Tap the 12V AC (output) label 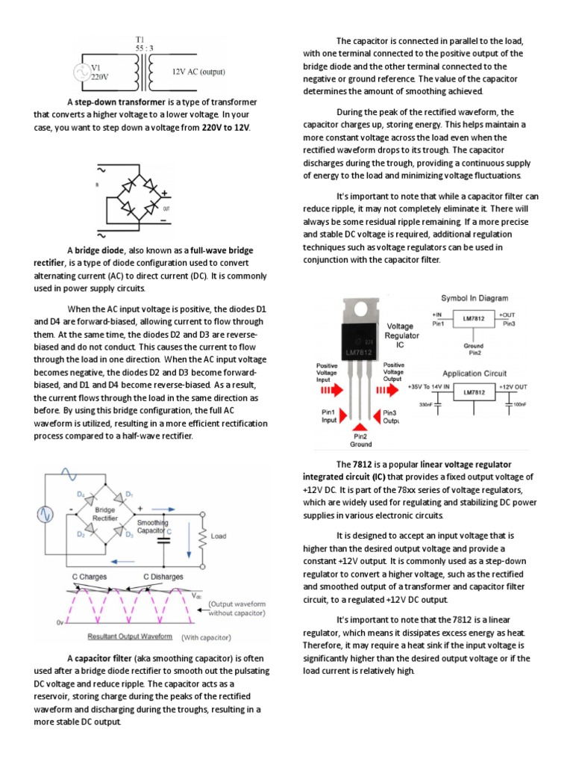coord(198,72)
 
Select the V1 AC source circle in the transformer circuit coord(80,72)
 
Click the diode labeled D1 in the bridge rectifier coord(129,495)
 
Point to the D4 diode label coord(80,495)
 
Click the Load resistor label coord(219,536)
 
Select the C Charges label coord(89,577)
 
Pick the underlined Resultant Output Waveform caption coord(132,637)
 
